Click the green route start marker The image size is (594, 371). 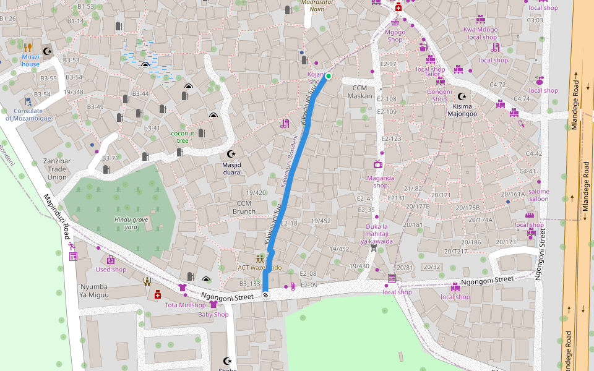(x=329, y=77)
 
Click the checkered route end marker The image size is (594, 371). (x=265, y=295)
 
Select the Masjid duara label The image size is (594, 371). (x=231, y=169)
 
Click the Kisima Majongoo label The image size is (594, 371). (x=462, y=109)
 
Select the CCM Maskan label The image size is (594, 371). (x=359, y=92)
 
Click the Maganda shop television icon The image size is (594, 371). (x=377, y=164)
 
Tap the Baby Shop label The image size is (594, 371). (x=213, y=314)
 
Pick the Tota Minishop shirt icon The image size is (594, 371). (x=182, y=288)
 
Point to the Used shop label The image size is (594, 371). (x=111, y=270)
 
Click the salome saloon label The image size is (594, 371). (x=538, y=195)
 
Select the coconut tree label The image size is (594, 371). (x=183, y=137)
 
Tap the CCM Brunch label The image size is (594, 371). (x=244, y=207)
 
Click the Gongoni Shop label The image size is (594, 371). (x=439, y=95)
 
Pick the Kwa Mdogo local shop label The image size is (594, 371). (x=481, y=33)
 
